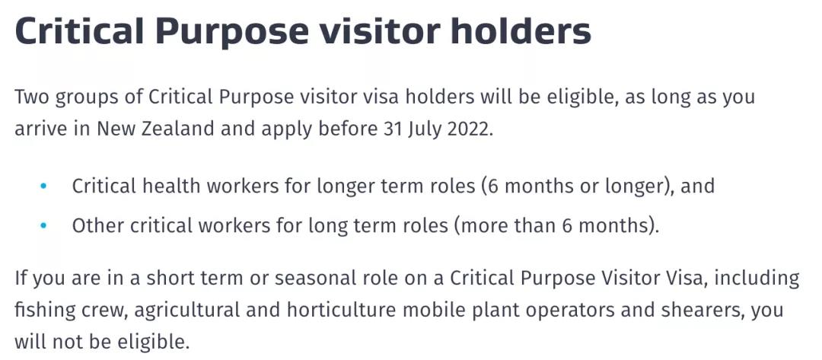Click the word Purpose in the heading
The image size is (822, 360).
[x=232, y=30]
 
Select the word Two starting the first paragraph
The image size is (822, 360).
[x=30, y=97]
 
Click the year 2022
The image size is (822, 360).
[x=468, y=129]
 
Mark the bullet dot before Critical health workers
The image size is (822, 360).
[x=43, y=186]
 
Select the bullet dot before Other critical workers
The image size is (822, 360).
[x=43, y=225]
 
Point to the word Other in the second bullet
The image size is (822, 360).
[x=97, y=225]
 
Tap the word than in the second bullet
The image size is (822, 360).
[x=534, y=225]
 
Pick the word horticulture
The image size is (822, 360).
[x=341, y=310]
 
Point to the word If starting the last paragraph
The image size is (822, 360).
[x=20, y=277]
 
